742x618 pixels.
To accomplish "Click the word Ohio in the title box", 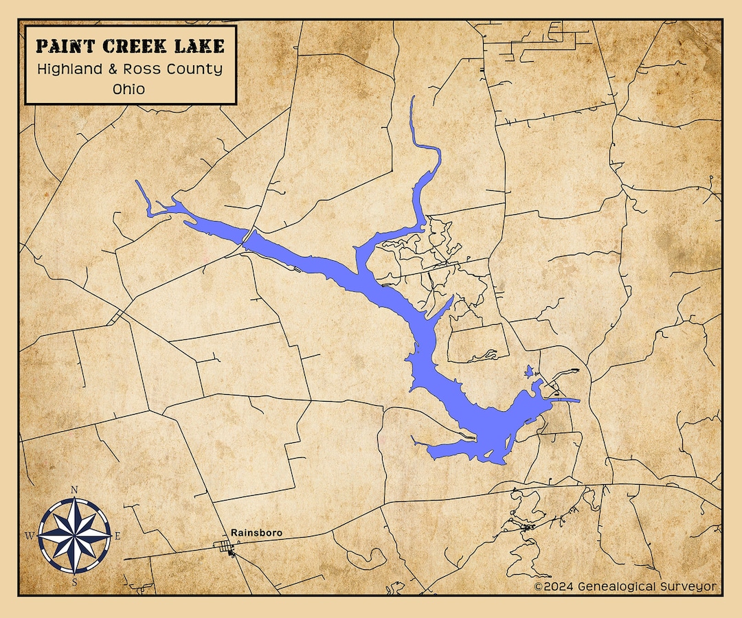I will (130, 89).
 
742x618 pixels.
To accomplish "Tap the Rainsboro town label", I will (256, 532).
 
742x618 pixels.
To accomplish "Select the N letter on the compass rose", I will (74, 490).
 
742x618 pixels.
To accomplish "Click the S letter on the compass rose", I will (74, 582).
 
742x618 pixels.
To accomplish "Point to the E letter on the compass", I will (117, 536).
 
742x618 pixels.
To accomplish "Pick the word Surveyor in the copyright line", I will (689, 586).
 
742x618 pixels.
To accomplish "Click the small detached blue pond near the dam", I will (528, 372).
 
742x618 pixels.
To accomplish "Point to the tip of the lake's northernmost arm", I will (412, 98).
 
